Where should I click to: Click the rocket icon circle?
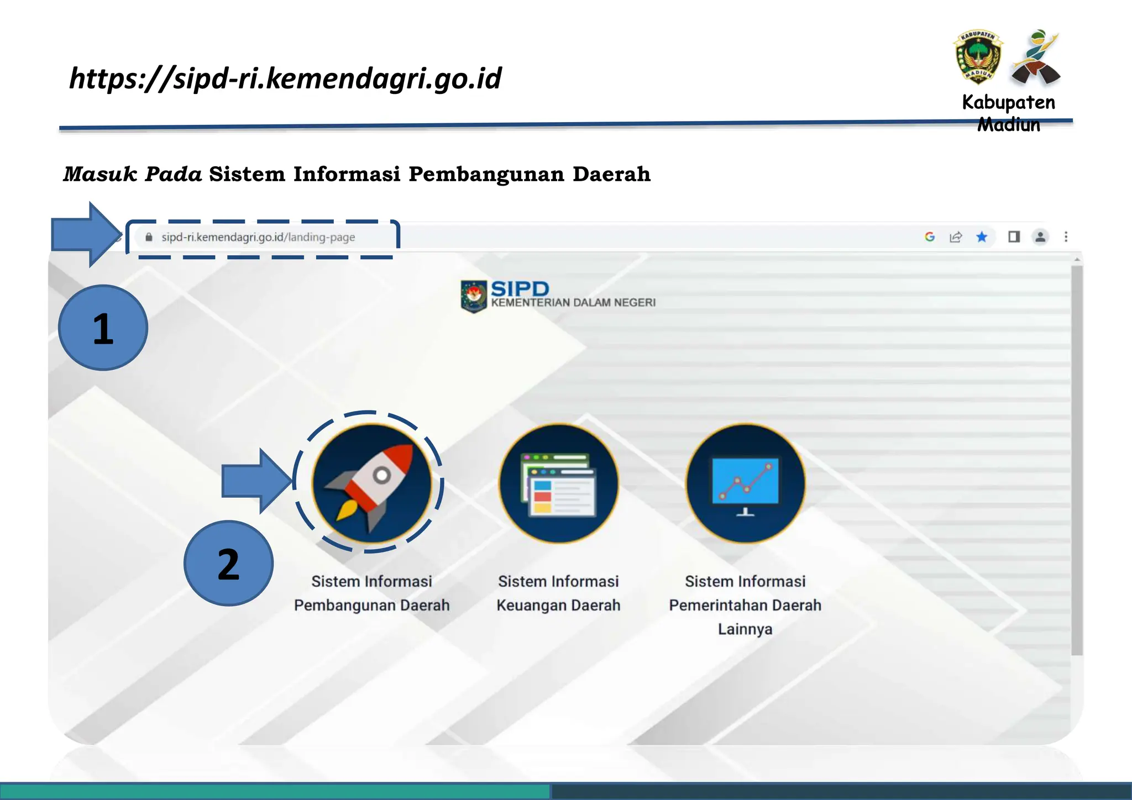pyautogui.click(x=371, y=483)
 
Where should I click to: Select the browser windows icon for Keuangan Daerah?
pyautogui.click(x=558, y=483)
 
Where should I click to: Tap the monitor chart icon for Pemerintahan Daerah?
pyautogui.click(x=745, y=483)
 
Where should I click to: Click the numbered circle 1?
pyautogui.click(x=103, y=328)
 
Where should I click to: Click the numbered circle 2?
pyautogui.click(x=228, y=564)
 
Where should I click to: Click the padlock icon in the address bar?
pyautogui.click(x=149, y=237)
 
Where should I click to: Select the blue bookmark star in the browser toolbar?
pyautogui.click(x=982, y=237)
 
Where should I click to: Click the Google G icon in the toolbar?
pyautogui.click(x=930, y=237)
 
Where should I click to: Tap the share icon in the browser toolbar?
pyautogui.click(x=956, y=237)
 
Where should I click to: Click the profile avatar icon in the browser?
pyautogui.click(x=1040, y=237)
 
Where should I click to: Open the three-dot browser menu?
pyautogui.click(x=1066, y=237)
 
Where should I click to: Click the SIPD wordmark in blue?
pyautogui.click(x=520, y=288)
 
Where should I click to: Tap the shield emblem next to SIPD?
pyautogui.click(x=474, y=296)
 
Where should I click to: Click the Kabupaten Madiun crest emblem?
pyautogui.click(x=978, y=57)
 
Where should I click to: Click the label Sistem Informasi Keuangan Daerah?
pyautogui.click(x=558, y=593)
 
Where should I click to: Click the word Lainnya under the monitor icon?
pyautogui.click(x=745, y=629)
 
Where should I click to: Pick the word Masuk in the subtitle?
pyautogui.click(x=100, y=174)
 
